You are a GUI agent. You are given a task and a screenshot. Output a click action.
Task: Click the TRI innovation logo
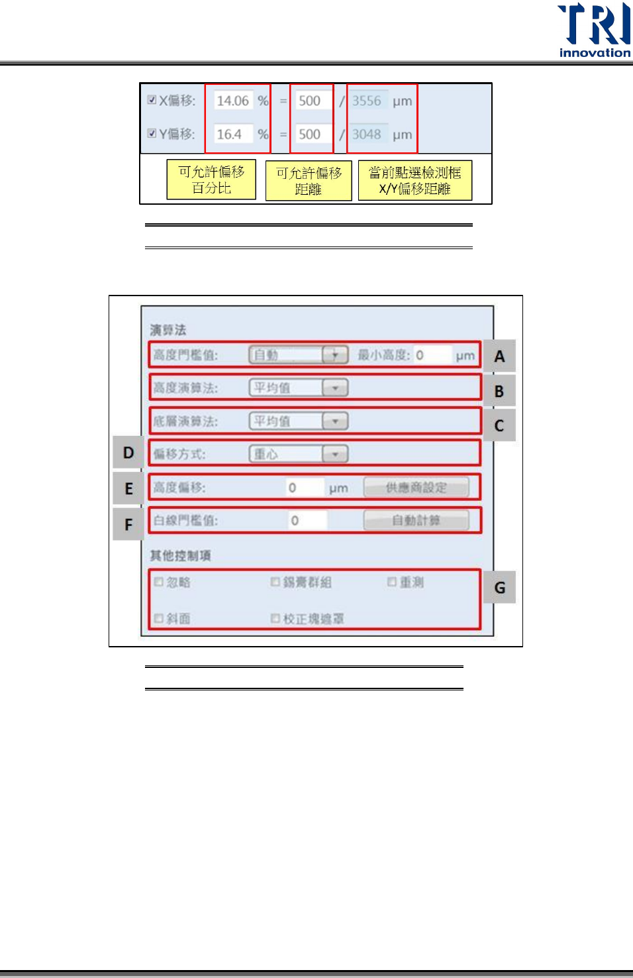[594, 30]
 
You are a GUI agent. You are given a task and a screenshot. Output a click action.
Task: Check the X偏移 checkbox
[152, 100]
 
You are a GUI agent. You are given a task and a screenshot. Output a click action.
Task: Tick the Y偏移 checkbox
[152, 133]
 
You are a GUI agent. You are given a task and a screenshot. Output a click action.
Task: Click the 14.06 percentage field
[233, 101]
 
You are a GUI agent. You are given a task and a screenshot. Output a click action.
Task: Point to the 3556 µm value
[367, 101]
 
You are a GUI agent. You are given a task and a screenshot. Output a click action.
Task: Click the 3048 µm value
[367, 134]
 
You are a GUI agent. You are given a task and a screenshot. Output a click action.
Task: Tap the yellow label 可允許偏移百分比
[211, 180]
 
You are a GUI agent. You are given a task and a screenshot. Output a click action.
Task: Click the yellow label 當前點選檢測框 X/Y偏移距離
[414, 180]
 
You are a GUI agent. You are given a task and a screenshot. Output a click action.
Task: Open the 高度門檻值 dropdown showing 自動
[299, 355]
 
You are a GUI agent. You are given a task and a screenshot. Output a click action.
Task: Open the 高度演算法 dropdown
[299, 388]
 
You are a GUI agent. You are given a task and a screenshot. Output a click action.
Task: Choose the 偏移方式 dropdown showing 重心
[299, 454]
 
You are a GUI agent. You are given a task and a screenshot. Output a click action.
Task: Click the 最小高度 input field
[432, 355]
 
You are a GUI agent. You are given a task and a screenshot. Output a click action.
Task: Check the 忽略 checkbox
[159, 582]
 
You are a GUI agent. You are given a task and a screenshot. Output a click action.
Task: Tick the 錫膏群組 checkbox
[275, 582]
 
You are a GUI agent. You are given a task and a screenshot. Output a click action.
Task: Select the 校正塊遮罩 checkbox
[275, 618]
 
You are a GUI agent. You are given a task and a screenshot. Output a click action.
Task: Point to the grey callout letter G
[499, 588]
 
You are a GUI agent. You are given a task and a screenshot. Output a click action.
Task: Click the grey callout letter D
[128, 453]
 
